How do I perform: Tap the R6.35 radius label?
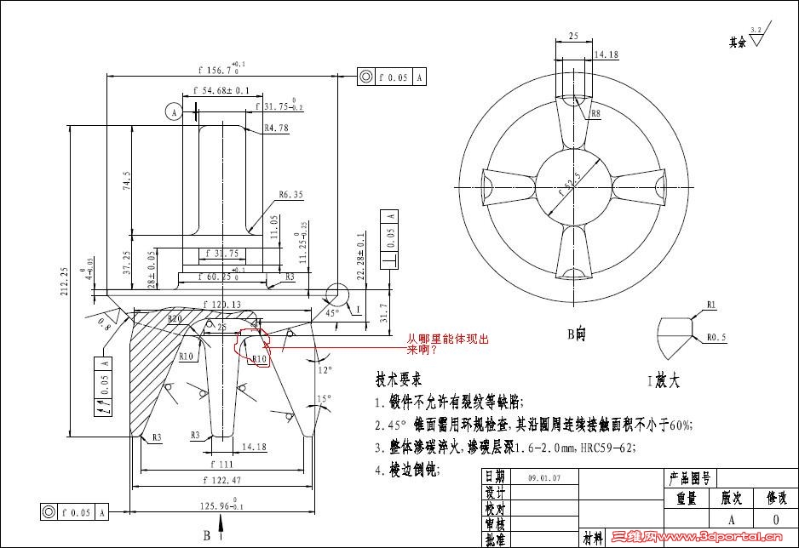coord(290,195)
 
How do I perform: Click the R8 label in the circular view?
coord(595,113)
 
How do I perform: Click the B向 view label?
coord(577,334)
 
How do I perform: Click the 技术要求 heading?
coord(399,379)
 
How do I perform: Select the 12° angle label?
coord(325,371)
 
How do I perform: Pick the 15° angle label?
coord(324,398)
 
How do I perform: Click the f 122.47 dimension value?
coord(222,481)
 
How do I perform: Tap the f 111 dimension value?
coord(221,465)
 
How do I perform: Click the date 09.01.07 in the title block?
coord(544,479)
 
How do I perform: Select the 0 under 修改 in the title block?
coord(774,519)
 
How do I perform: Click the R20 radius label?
coord(175,319)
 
